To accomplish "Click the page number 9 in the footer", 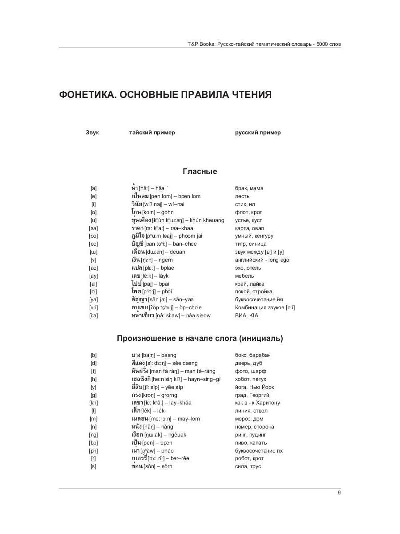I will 339,493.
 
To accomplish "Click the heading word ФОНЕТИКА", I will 86,95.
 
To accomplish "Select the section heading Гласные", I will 200,171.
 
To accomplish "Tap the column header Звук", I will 92,132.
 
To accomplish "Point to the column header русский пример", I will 258,132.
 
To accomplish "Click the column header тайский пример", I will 152,132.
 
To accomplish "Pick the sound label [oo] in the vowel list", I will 93,236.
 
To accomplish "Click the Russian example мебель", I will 244,276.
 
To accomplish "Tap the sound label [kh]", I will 93,403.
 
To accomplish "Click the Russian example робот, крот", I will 249,458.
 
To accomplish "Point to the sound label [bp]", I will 93,443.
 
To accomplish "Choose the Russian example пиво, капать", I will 251,443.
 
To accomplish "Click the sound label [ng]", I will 93,435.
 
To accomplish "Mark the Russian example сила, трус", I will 248,466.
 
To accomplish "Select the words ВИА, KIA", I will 247,316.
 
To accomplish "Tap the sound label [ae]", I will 93,268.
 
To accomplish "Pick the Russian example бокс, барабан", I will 253,355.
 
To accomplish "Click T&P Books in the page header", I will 198,44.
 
